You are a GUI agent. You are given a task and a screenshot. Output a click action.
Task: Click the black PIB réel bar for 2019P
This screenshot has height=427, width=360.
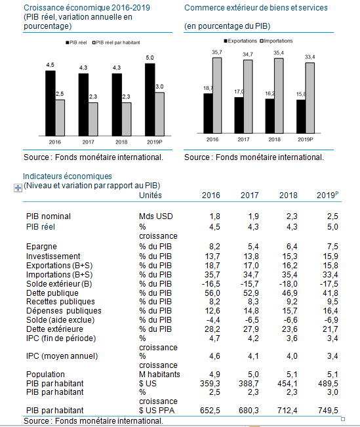[x=150, y=100]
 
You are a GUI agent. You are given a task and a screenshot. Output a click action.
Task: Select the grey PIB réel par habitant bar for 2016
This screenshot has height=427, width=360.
[x=60, y=118]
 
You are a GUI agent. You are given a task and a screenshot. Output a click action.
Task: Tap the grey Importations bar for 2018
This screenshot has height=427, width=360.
[x=279, y=96]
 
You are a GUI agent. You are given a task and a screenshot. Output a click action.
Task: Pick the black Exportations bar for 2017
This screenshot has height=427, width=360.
[x=239, y=115]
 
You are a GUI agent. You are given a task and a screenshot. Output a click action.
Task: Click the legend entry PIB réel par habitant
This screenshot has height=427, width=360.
[x=116, y=43]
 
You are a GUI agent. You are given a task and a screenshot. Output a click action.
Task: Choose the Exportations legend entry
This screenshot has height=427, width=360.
[x=241, y=41]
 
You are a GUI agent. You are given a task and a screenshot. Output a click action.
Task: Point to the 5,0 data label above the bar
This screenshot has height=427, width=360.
[x=150, y=58]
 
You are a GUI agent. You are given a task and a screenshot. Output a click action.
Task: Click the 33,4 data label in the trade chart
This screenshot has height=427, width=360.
[x=310, y=57]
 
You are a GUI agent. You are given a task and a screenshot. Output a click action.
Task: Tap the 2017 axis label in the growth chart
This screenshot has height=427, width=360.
[x=89, y=142]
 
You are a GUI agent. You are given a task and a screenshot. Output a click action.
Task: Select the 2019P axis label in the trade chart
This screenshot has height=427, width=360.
[x=306, y=140]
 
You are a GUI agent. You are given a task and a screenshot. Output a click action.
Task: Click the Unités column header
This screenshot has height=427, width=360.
[x=150, y=195]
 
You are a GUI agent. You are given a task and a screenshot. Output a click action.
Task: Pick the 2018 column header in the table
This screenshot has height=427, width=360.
[x=289, y=195]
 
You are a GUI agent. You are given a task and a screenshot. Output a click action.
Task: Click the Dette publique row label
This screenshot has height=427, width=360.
[x=52, y=293]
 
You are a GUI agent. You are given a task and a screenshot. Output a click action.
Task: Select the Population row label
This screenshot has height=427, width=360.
[x=45, y=374]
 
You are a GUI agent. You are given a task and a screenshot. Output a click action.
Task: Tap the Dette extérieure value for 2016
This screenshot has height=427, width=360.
[x=212, y=329]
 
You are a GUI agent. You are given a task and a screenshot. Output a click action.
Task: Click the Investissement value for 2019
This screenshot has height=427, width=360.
[x=330, y=256]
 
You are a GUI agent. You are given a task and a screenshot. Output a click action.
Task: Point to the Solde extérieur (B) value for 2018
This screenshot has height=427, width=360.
[x=289, y=284]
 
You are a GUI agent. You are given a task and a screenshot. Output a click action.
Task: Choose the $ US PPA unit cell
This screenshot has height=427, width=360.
[x=157, y=410]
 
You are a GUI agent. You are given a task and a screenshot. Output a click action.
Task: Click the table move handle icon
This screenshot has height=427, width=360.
[x=18, y=188]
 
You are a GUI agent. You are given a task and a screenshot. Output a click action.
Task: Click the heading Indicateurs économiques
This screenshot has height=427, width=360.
[x=68, y=176]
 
